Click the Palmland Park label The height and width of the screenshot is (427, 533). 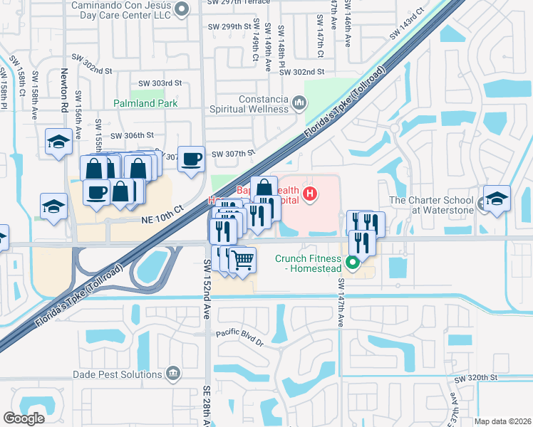(145, 102)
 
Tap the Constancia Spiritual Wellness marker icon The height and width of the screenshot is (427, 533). (299, 105)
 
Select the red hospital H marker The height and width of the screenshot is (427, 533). (309, 193)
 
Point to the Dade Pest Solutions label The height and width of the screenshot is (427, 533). (118, 374)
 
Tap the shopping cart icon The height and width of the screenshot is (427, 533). (243, 260)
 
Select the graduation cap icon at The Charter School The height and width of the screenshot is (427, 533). (497, 198)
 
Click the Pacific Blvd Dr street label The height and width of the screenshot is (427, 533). (240, 337)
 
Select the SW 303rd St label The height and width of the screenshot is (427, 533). (160, 83)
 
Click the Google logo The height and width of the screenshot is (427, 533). (24, 418)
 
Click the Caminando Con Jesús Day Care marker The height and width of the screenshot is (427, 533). (182, 9)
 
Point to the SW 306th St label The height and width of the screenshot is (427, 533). (133, 135)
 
